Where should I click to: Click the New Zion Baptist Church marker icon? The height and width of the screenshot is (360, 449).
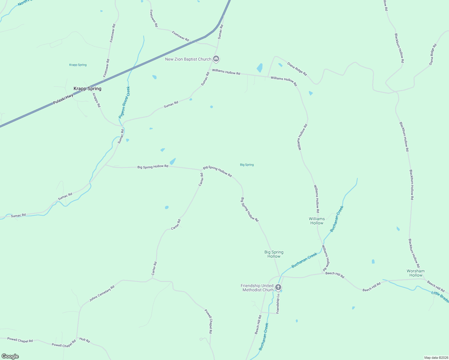coord(216,59)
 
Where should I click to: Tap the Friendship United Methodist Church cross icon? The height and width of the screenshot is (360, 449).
coord(278,287)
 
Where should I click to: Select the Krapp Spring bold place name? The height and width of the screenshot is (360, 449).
coord(87,88)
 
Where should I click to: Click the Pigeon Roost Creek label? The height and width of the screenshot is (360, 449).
coord(124,102)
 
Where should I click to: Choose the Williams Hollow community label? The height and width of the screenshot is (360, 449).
coord(317,221)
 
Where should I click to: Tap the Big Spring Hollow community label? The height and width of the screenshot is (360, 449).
coord(274,254)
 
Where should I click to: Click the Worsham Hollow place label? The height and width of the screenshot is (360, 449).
coord(416,273)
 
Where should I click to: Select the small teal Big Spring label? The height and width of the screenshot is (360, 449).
coord(247,165)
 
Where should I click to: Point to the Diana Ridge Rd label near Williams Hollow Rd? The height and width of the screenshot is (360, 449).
coord(297,69)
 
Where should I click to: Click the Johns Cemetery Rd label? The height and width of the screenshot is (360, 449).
coord(102,293)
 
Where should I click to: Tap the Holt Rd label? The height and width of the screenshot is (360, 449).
coord(85,340)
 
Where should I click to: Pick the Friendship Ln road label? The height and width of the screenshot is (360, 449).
coord(278,304)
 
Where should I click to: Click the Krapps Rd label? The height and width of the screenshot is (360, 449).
coord(96,100)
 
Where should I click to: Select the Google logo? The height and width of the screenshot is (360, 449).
coord(10,356)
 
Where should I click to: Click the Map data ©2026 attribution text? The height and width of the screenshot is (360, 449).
coord(435,358)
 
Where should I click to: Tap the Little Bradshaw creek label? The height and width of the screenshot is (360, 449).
coord(440,295)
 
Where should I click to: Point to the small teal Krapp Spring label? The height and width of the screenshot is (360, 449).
coord(78,65)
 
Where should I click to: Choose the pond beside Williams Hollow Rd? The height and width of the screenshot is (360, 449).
coord(260,68)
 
